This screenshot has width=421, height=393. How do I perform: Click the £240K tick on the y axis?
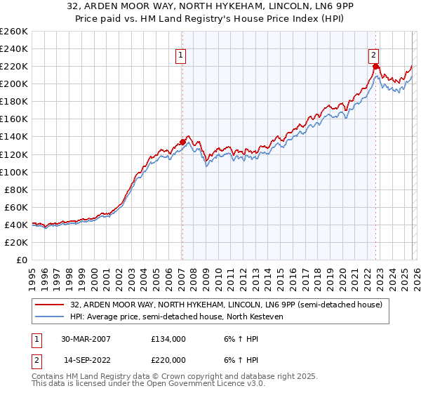coord(13,48)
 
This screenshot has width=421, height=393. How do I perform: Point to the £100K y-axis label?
coord(13,172)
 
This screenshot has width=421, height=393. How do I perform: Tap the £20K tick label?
coord(15,242)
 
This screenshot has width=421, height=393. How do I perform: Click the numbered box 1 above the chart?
coord(181,56)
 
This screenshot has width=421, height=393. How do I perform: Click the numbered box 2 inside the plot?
coord(374,56)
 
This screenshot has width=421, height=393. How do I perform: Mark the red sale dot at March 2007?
coord(182,142)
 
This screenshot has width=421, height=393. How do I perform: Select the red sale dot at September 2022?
coord(375,67)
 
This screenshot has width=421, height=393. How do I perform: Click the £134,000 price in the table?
coord(168,339)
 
